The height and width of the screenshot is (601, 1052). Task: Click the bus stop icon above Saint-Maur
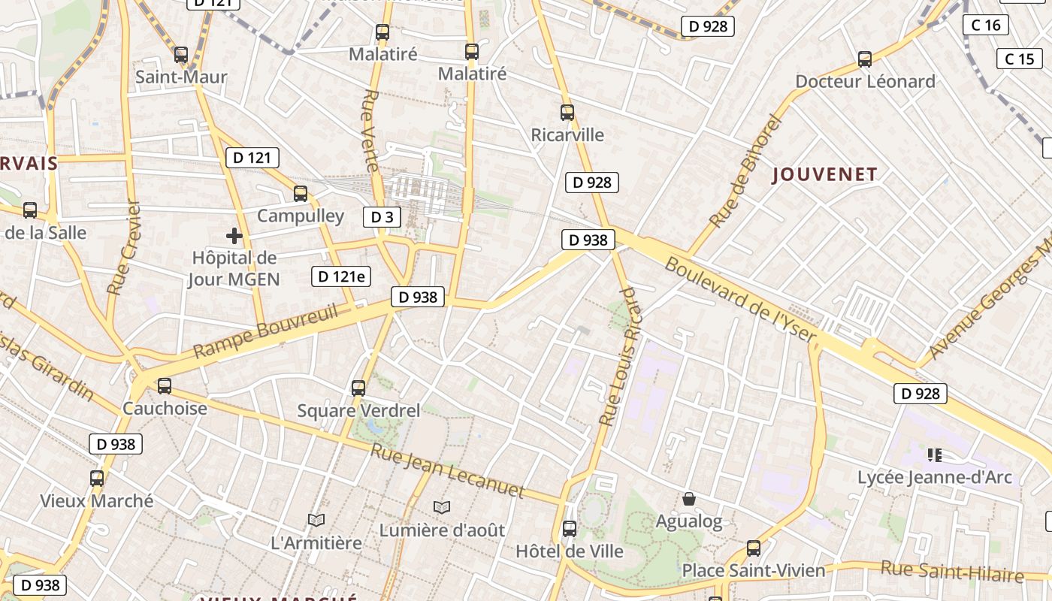point(180,55)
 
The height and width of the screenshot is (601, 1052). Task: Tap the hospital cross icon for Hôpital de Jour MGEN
point(234,236)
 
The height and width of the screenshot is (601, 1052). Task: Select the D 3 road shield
point(382,218)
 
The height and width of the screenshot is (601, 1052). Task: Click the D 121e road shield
point(342,276)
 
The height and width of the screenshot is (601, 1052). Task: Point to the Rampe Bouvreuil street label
point(266,331)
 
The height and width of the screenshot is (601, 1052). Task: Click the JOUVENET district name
point(825,175)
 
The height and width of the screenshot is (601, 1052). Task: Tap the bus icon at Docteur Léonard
point(865,59)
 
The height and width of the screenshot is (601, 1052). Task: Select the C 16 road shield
point(986,25)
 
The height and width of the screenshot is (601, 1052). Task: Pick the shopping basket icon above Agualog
point(688,499)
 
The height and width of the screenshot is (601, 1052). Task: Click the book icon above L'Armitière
point(316,520)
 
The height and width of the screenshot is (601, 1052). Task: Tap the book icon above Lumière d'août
point(442,508)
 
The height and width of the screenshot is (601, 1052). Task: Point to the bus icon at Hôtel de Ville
point(570,529)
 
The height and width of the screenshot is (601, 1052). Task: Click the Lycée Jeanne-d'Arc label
point(935,477)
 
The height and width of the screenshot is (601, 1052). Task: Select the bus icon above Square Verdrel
point(358,388)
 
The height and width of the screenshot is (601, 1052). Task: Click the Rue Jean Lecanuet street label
point(448,472)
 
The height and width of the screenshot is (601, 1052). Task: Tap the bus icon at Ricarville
point(567,113)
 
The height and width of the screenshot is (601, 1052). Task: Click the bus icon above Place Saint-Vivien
point(754,548)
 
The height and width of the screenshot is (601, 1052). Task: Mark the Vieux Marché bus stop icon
point(97,479)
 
